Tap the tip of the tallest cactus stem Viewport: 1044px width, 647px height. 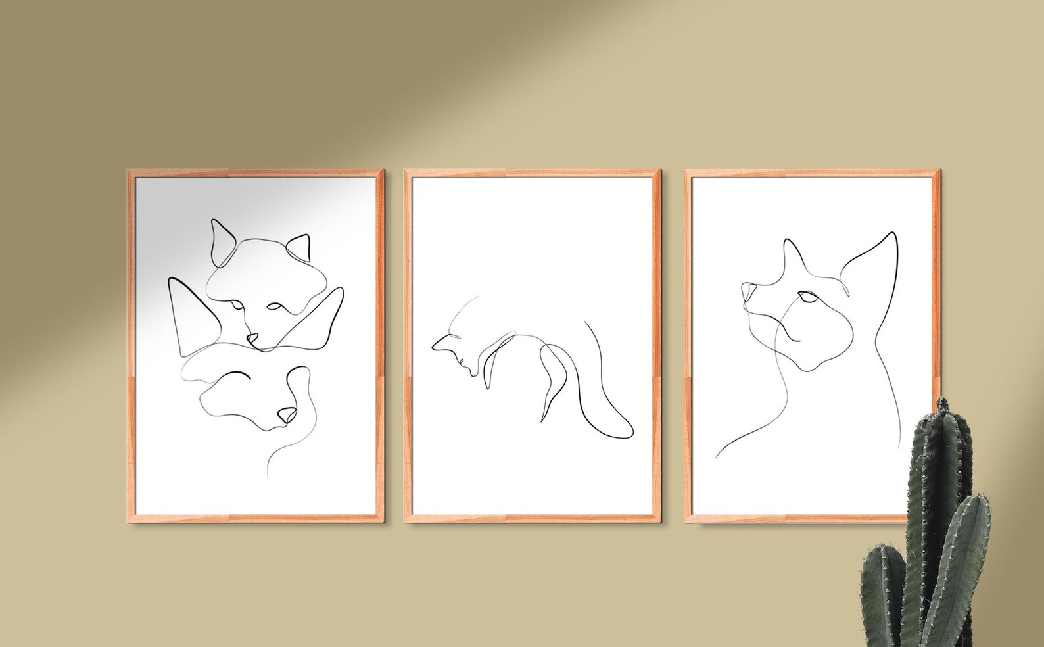click(x=945, y=402)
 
